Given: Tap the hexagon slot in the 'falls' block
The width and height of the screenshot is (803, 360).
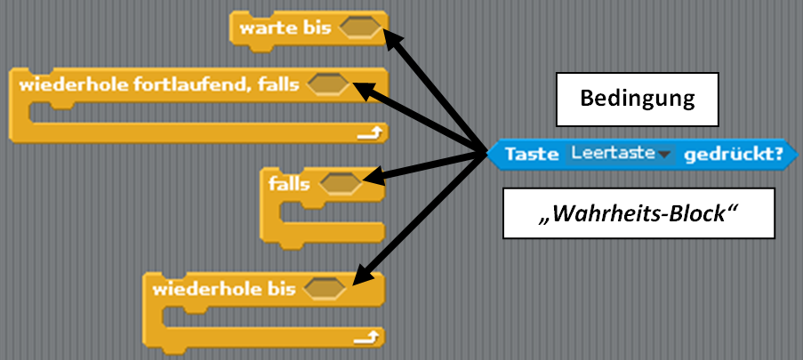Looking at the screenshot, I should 339,184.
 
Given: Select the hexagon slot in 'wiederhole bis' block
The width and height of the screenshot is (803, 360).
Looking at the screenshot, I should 324,289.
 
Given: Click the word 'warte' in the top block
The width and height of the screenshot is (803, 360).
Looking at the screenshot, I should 262,28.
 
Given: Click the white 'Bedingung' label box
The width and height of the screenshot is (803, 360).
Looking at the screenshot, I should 637,98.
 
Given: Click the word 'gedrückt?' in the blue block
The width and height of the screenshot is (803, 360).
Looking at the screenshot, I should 735,155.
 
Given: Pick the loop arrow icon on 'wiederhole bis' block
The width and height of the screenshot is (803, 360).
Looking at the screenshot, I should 370,337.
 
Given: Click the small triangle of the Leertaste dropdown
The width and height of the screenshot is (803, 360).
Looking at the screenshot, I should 663,156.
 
